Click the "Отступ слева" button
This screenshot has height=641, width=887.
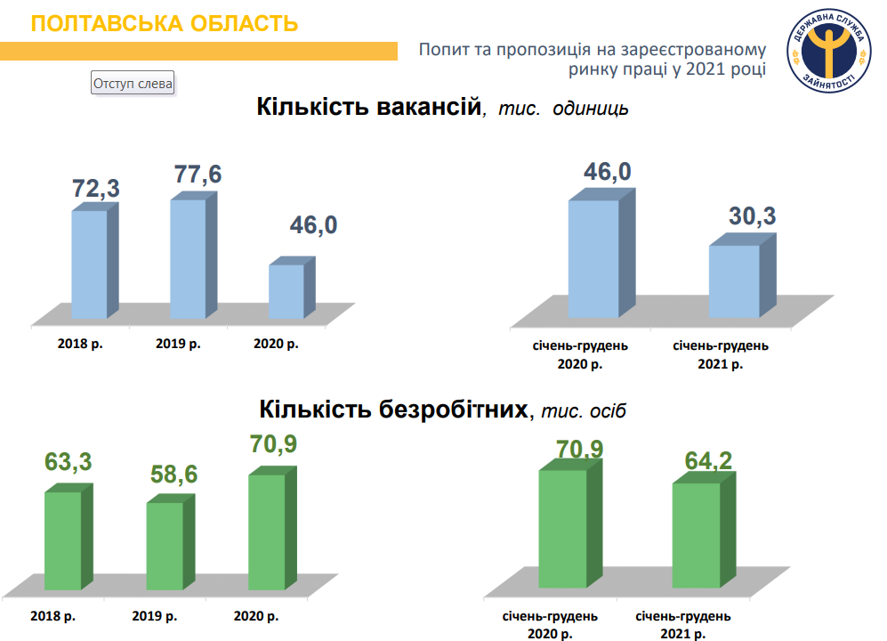tap(133, 84)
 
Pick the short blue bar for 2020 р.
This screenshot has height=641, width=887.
tap(286, 291)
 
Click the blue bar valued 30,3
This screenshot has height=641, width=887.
tap(734, 280)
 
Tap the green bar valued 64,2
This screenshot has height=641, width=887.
tap(696, 535)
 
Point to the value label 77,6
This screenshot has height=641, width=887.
tap(197, 174)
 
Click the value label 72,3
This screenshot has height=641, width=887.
tap(95, 188)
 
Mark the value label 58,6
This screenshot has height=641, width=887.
tap(173, 475)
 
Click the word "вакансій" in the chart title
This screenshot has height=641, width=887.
tap(430, 108)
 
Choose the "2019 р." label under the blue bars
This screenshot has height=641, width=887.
tap(178, 343)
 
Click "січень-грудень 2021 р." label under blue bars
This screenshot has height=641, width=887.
tap(721, 354)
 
